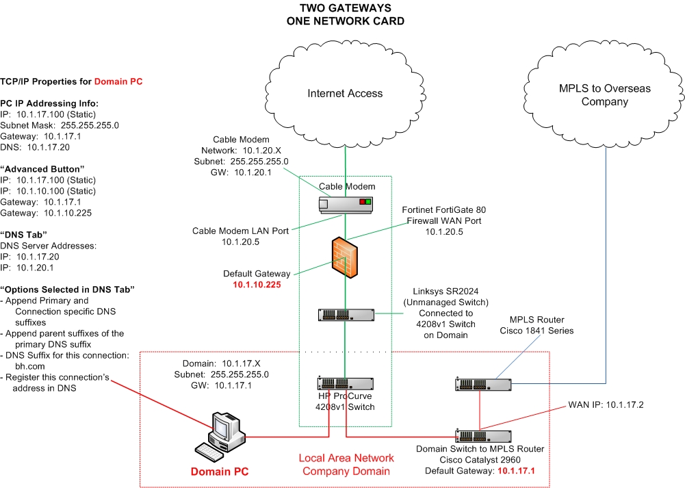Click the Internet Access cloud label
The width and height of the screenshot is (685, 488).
[345, 94]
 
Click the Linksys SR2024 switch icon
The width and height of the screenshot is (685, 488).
[346, 314]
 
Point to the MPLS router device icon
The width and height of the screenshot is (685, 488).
[482, 385]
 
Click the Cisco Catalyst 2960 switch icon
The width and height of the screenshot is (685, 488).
[482, 435]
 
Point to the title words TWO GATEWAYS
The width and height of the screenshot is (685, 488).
[345, 8]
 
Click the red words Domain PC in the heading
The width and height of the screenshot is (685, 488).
[118, 81]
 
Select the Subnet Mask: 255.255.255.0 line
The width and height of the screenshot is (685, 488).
[60, 125]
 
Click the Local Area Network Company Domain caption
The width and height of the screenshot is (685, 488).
[346, 464]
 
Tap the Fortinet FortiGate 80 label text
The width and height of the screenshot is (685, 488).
[445, 209]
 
